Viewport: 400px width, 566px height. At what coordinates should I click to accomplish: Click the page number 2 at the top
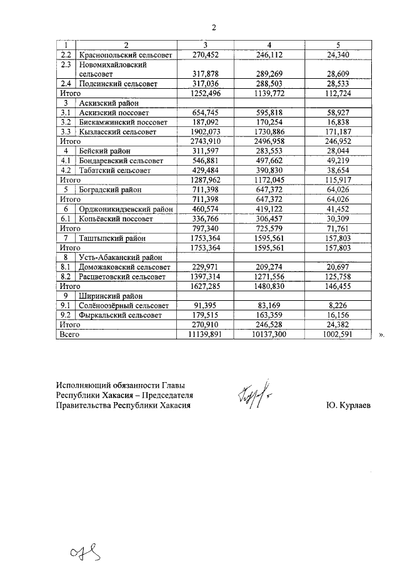tap(213, 28)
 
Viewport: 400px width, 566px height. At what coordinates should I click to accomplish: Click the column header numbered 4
tap(269, 45)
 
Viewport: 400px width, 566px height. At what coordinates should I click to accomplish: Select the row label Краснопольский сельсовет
tap(121, 54)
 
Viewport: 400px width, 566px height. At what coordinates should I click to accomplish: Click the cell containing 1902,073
tap(203, 132)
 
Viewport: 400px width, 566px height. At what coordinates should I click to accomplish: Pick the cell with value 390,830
tap(269, 171)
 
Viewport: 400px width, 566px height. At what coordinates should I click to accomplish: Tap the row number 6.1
tap(65, 220)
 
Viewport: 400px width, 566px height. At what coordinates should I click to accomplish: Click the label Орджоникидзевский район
tap(126, 210)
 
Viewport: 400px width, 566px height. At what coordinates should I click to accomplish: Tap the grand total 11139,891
tap(201, 335)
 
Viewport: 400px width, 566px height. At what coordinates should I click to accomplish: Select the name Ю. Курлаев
tap(348, 405)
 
